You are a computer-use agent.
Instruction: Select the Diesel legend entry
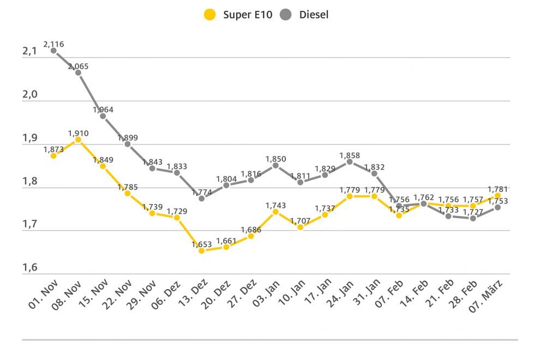coord(305,15)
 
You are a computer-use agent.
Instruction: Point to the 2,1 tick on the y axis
coord(29,51)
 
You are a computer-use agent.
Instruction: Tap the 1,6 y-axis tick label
coord(29,267)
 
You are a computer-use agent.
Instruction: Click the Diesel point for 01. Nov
coord(53,50)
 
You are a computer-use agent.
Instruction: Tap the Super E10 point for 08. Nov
coord(78,140)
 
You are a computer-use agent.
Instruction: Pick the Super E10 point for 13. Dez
coord(201,250)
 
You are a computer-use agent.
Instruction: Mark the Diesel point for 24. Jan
coord(349,161)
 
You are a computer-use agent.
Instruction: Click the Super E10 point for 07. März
coord(497,195)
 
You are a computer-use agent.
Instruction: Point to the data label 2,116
coord(53,43)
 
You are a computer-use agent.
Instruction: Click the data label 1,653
coord(201,244)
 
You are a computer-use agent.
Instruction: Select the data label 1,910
coord(78,133)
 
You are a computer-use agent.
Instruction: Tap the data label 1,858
coord(349,155)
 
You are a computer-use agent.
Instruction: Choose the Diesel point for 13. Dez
coord(201,198)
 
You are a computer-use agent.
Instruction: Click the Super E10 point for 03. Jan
coord(275,211)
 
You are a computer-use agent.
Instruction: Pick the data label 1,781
coord(497,189)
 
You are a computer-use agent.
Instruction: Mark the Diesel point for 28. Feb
coord(473,218)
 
